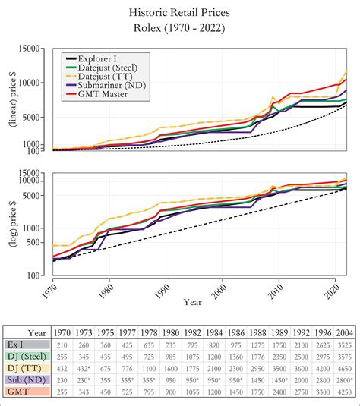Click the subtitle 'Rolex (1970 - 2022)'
pyautogui.click(x=179, y=30)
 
